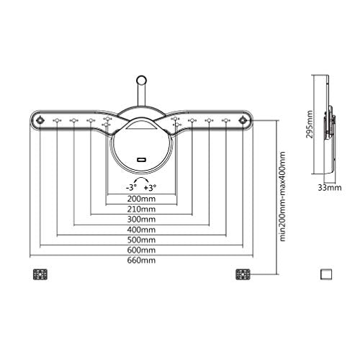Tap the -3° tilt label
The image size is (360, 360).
tap(131, 184)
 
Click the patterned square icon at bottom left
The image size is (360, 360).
tap(40, 274)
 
